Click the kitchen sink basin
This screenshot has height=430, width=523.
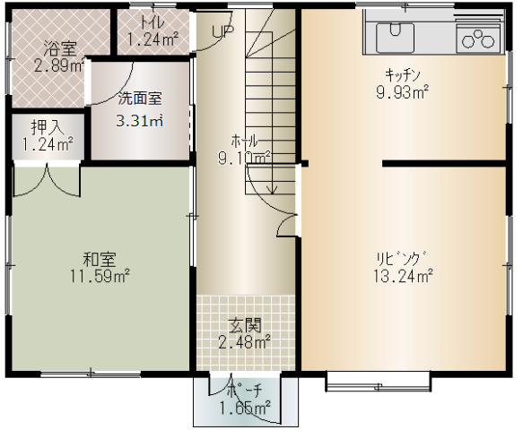pos(395,38)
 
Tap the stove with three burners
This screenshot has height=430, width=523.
pos(478,39)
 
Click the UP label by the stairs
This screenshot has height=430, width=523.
pos(222,31)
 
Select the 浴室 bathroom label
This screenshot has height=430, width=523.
pos(60,49)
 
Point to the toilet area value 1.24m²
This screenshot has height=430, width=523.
pos(153,39)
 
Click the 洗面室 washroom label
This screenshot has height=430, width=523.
pos(140,99)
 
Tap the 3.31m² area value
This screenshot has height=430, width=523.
pos(139,120)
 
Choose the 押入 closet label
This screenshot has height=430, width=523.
pos(48,127)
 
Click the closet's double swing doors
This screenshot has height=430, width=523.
pos(47,179)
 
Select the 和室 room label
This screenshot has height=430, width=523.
pos(100,260)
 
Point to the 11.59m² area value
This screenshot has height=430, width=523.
pos(100,276)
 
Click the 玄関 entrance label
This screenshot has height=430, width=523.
pos(245,325)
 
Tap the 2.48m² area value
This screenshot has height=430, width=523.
pos(244,341)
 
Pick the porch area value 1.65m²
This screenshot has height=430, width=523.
pos(245,408)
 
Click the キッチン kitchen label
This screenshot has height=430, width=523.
pos(402,75)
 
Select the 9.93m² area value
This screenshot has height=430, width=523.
pos(402,92)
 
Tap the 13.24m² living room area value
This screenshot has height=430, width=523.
pos(404,276)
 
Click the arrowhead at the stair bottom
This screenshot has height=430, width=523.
pos(273,191)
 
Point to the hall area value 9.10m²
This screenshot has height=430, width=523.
pos(244,158)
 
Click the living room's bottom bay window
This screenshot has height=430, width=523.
pos(379,382)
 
